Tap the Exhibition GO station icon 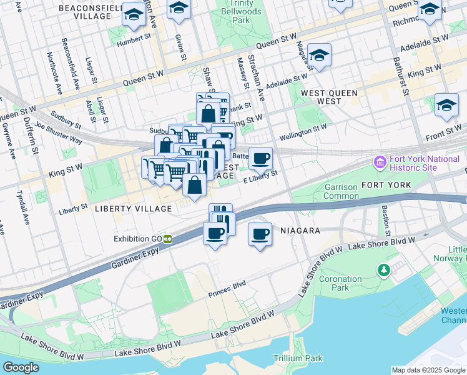(168, 239)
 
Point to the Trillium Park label (298, 358)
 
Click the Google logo (21, 367)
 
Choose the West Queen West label (330, 97)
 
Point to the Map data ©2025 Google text (428, 369)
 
